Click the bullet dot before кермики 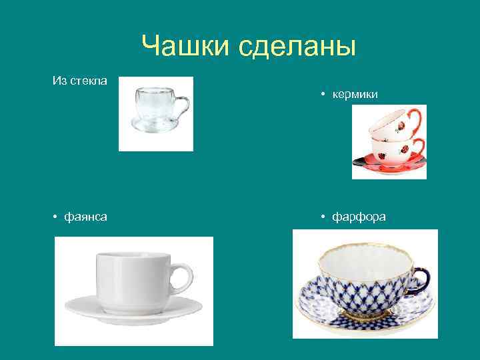(321, 95)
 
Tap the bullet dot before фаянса (56, 217)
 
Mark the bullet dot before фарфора (321, 217)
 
